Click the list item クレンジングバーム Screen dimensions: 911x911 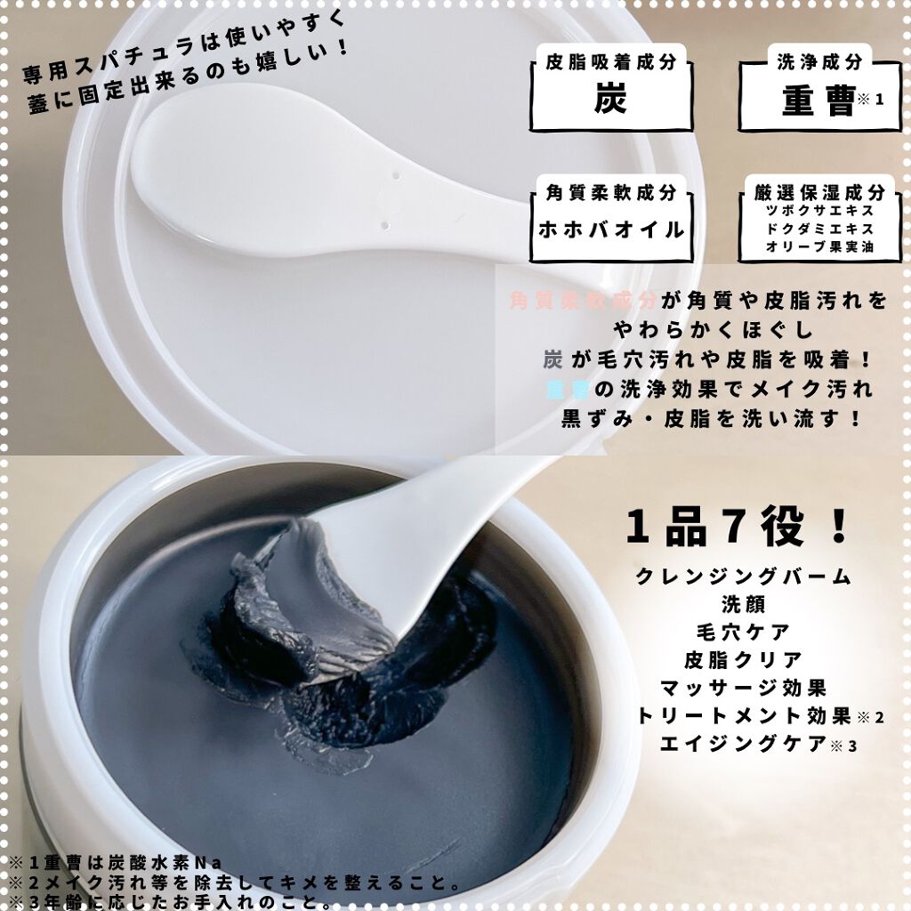[743, 576]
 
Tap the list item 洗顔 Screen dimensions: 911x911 [743, 604]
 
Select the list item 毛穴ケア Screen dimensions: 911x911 [743, 632]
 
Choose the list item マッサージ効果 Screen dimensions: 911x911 [743, 688]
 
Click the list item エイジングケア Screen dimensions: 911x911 [743, 744]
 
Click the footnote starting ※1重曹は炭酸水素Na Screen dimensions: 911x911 [116, 862]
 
